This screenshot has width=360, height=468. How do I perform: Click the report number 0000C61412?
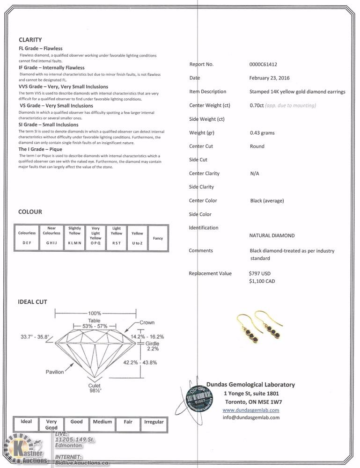266,65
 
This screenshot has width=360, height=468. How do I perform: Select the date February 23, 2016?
269,78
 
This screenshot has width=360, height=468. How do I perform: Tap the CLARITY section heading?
30,40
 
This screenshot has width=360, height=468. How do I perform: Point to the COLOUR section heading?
30,212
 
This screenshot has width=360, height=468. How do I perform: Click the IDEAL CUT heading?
32,302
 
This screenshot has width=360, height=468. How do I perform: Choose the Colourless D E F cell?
27,238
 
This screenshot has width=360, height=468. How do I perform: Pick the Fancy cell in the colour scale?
158,238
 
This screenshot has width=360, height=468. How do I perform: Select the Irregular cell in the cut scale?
154,422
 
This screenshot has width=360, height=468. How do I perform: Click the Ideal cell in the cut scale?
26,422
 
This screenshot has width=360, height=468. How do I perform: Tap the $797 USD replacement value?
260,273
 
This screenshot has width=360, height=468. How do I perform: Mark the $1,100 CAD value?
262,282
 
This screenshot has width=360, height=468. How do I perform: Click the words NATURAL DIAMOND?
272,236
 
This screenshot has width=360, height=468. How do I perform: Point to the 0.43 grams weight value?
262,133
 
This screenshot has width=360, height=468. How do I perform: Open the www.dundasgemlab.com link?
251,410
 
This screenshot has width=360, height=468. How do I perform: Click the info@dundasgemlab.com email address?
251,417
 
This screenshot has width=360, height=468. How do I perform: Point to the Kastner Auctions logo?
26,450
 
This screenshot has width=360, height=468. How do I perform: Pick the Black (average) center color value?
267,201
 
